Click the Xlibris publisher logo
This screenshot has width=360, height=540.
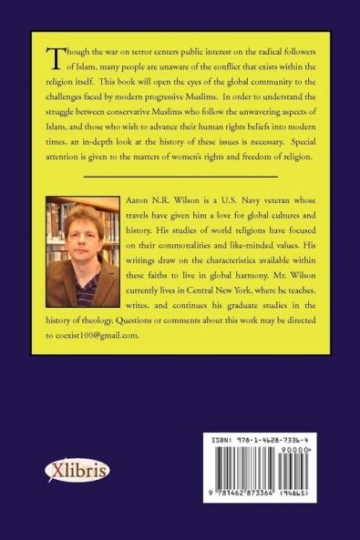pos(77,471)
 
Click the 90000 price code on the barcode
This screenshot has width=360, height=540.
pos(324,449)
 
